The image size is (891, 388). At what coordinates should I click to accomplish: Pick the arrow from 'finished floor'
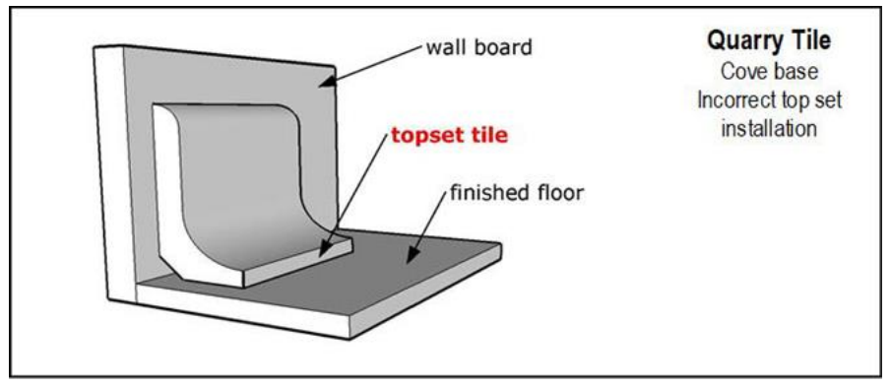[x=428, y=227]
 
